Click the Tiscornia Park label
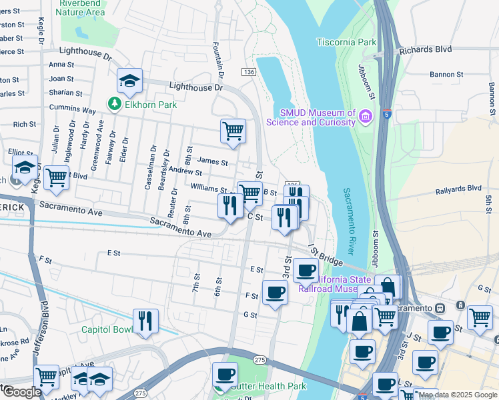348,42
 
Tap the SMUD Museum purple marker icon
365,117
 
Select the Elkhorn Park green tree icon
115,104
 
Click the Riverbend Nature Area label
82,7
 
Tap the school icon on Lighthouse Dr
129,81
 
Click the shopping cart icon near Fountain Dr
233,131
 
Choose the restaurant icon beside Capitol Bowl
145,321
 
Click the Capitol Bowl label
107,329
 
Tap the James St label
213,161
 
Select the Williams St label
209,189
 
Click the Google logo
21,391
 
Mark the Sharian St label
66,93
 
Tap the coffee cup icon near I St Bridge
306,269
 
